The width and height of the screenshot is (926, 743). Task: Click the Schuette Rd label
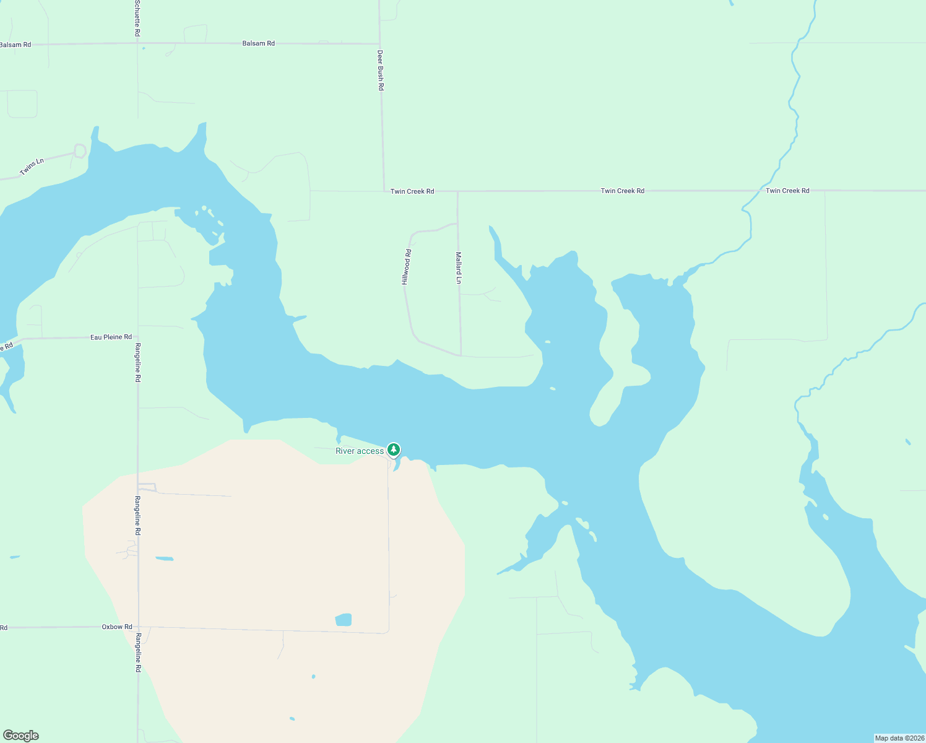[137, 18]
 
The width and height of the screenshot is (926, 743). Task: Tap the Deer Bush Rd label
[381, 71]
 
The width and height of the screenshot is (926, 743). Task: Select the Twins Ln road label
[32, 167]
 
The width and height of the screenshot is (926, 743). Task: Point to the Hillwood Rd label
[407, 267]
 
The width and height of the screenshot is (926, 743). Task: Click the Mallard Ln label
[459, 267]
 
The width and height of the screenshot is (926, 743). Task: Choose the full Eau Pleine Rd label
[111, 337]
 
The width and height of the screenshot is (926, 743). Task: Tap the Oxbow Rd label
[117, 627]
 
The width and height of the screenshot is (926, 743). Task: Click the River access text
[360, 451]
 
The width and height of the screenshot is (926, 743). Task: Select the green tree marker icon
[393, 450]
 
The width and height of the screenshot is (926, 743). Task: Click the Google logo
[21, 736]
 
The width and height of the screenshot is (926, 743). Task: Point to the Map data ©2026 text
[899, 738]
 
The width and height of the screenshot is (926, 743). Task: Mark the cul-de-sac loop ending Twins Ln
[80, 150]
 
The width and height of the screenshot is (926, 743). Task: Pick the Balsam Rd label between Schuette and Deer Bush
[258, 44]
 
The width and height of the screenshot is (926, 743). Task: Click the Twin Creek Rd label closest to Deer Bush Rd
[412, 191]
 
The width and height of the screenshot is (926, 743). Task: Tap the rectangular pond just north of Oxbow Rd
[344, 620]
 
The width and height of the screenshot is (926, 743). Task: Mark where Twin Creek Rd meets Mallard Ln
[457, 191]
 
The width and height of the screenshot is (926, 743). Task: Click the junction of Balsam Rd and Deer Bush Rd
[379, 44]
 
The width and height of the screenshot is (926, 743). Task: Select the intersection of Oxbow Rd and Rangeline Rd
[138, 627]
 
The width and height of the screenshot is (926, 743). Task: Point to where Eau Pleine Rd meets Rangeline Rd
[137, 337]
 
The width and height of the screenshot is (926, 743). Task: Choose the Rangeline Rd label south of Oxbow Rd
[138, 653]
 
